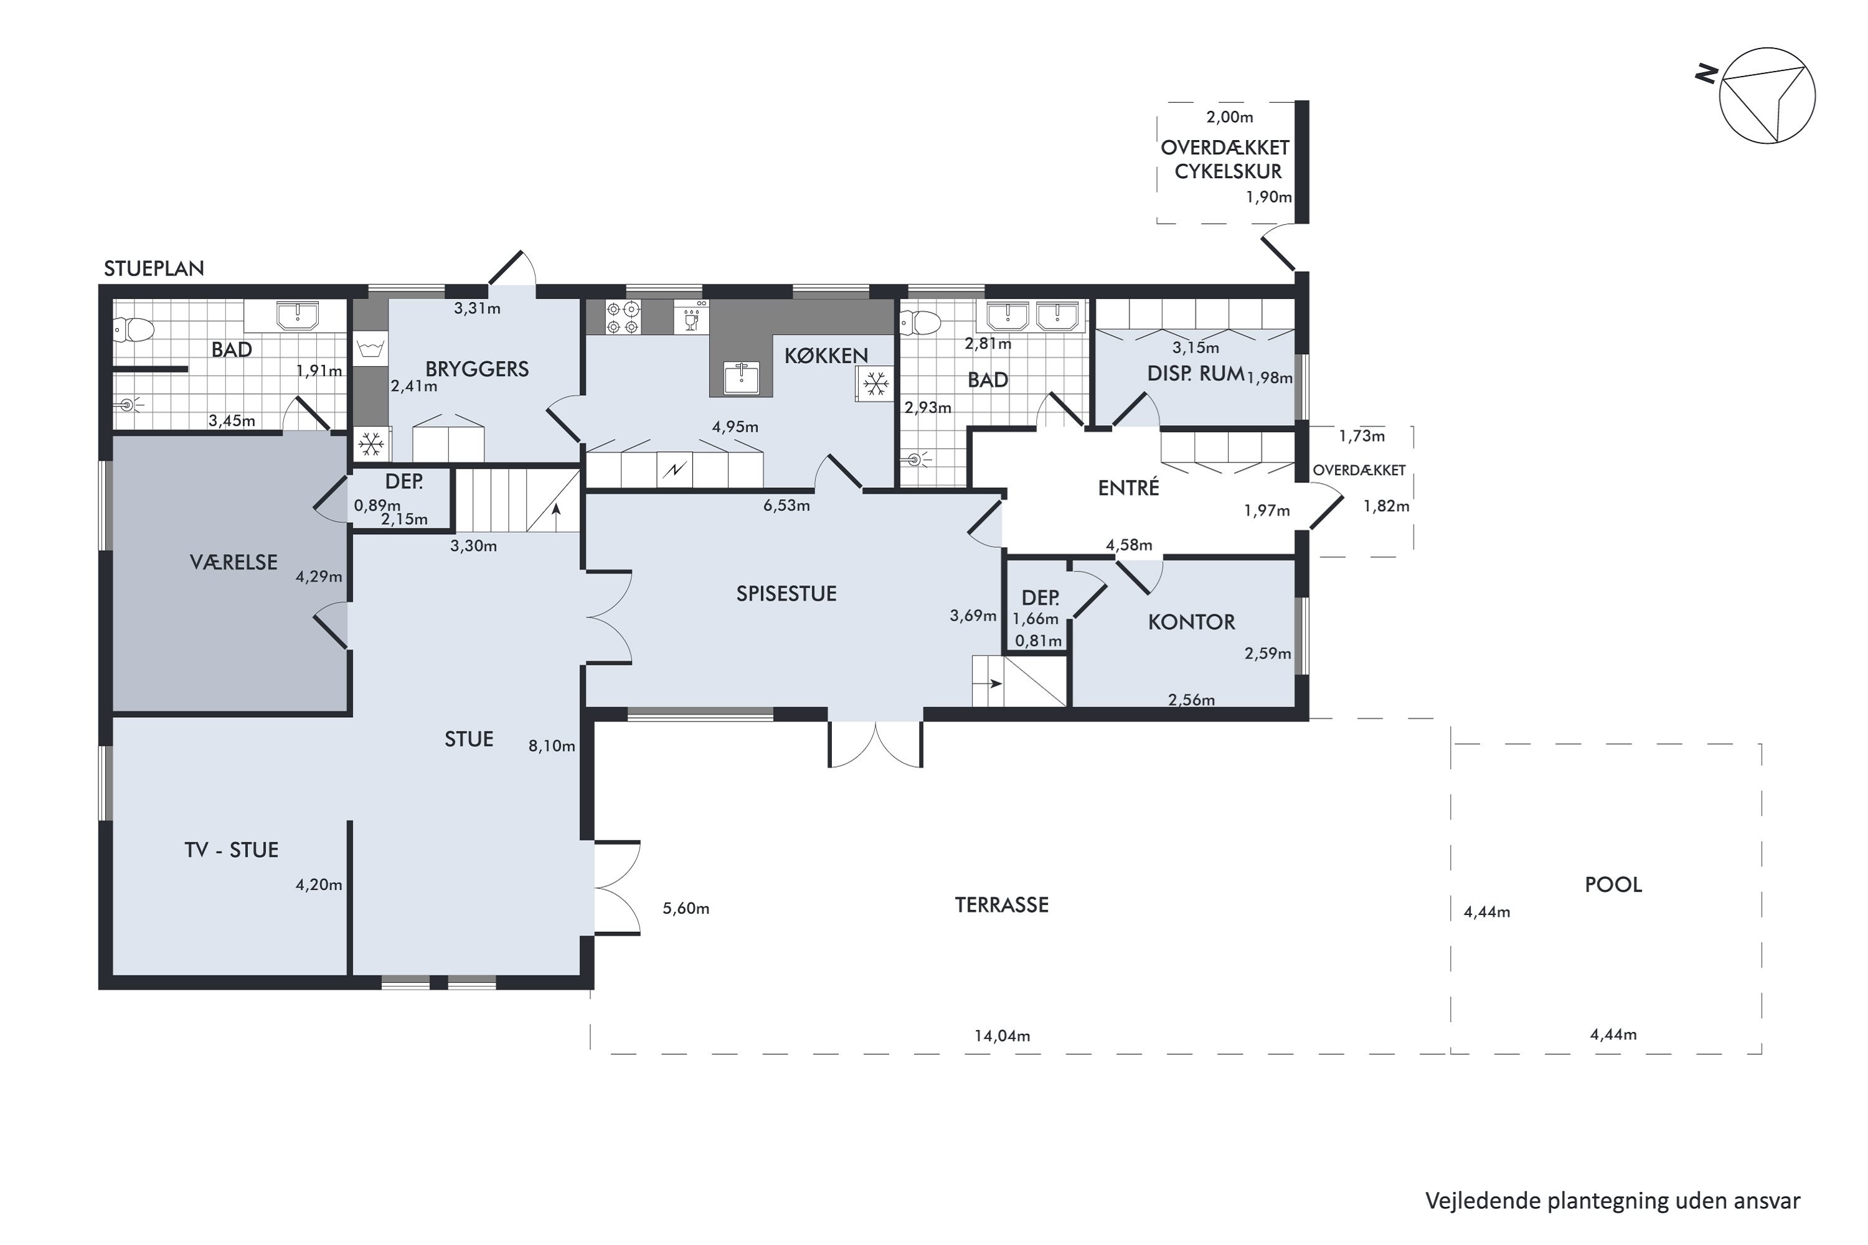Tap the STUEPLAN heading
coord(154,268)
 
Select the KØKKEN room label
coord(826,355)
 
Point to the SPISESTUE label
coord(786,594)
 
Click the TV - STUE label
coord(231,850)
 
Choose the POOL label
coord(1613,885)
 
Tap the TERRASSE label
coord(1001,905)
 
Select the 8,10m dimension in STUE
coord(552,746)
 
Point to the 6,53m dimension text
coord(786,505)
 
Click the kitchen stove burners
coord(623,317)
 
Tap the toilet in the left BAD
coord(133,329)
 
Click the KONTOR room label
coord(1191,622)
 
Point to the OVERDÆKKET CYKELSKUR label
coord(1225,159)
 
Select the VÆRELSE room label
coord(233,562)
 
